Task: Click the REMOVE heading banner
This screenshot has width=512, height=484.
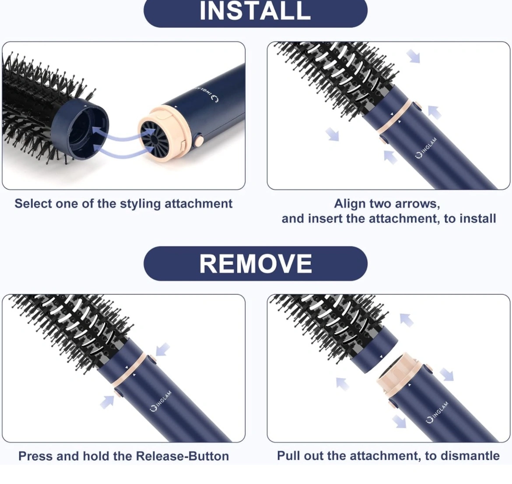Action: (x=256, y=263)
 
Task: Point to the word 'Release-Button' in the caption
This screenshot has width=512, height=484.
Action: (x=182, y=456)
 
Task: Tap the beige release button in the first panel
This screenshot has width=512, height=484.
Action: (x=199, y=141)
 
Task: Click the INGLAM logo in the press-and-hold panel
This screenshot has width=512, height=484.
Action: (x=161, y=400)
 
